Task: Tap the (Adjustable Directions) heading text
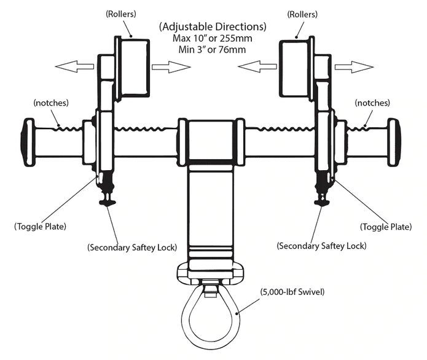(x=213, y=27)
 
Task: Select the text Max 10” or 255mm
(x=213, y=39)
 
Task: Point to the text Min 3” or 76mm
(x=213, y=50)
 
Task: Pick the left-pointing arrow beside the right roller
(x=257, y=66)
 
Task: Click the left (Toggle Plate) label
(x=40, y=227)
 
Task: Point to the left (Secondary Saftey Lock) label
(x=133, y=248)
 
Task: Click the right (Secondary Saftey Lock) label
(x=322, y=246)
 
